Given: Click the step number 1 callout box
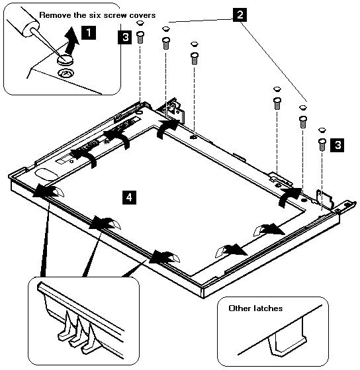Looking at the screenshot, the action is tap(89, 32).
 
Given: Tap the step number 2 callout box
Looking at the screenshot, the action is tap(240, 15).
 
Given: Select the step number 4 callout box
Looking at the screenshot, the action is tap(129, 197).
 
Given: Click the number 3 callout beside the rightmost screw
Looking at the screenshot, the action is tap(337, 145).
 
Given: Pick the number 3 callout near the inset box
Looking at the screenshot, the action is tap(125, 37).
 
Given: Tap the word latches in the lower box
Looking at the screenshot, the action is tap(268, 308).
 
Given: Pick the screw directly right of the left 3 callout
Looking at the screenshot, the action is tap(140, 37).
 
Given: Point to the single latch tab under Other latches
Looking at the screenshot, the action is tap(287, 337).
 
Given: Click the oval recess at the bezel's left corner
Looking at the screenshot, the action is tap(46, 173).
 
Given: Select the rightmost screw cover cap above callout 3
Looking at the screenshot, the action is tap(322, 130).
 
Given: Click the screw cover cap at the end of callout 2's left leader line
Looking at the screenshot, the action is tap(166, 28).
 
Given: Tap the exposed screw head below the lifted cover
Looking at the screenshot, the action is tap(66, 73).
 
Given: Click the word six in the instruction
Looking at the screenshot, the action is tap(95, 15).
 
